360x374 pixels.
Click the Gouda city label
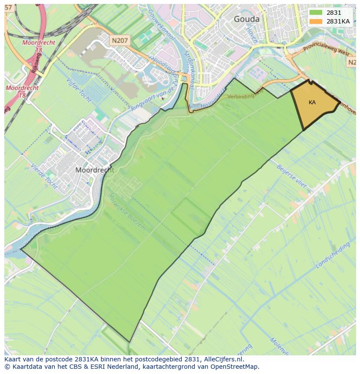point(247,19)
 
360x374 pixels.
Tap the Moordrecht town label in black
point(94,170)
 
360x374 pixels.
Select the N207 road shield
point(120,40)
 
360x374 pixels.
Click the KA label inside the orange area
point(312,103)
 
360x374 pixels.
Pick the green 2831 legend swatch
point(316,13)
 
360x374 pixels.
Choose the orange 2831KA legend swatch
point(316,21)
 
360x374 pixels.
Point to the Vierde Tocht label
point(44,176)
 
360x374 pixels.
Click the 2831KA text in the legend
point(338,21)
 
